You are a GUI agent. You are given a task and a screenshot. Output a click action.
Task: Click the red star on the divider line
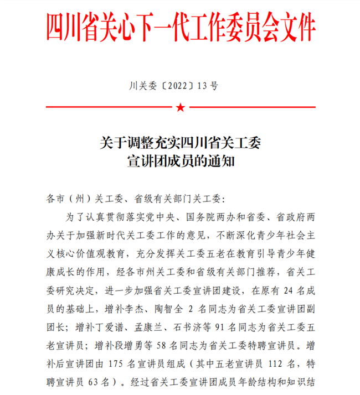pyautogui.click(x=180, y=107)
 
